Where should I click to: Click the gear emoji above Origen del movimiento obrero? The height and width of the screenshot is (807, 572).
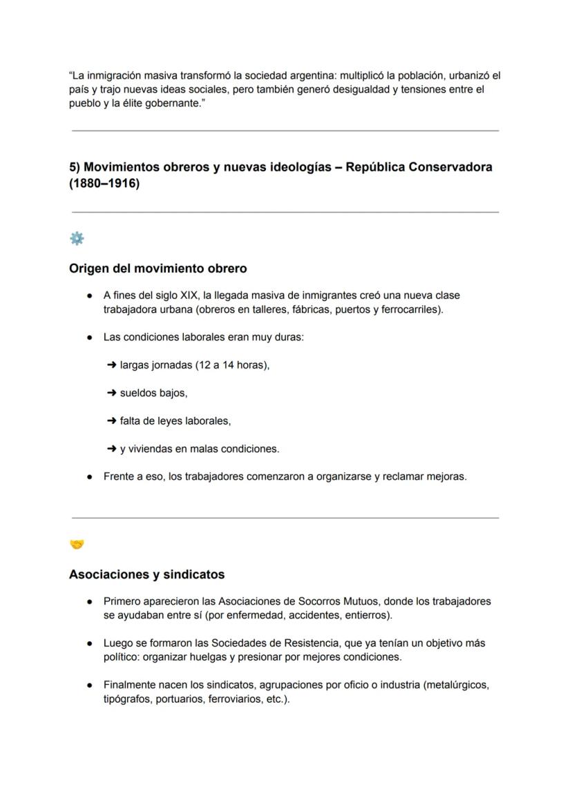[x=77, y=238]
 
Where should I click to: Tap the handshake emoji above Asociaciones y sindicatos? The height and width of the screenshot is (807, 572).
[x=77, y=545]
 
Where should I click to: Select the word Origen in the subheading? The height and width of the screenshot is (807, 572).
[x=90, y=269]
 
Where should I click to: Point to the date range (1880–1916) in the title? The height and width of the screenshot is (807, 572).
[x=104, y=184]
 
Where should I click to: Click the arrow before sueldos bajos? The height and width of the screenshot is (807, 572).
[x=111, y=393]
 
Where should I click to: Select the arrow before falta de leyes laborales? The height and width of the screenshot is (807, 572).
[x=111, y=421]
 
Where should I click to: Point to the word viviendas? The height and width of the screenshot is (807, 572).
[x=149, y=449]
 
